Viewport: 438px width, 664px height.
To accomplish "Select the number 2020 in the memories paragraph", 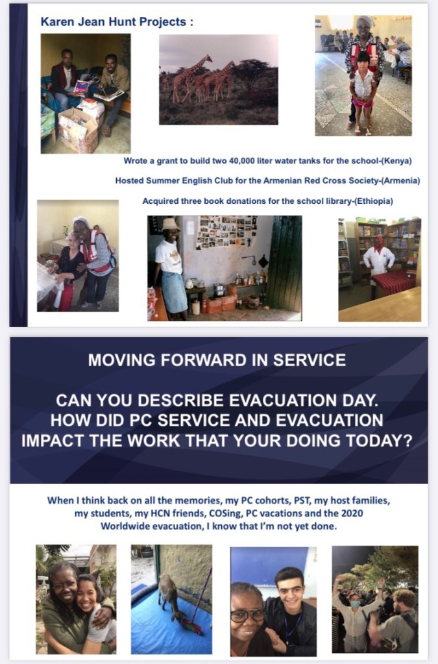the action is [352, 513].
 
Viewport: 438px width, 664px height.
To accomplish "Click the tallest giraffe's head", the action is [208, 57].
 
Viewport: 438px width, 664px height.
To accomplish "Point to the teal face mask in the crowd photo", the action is [355, 604].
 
